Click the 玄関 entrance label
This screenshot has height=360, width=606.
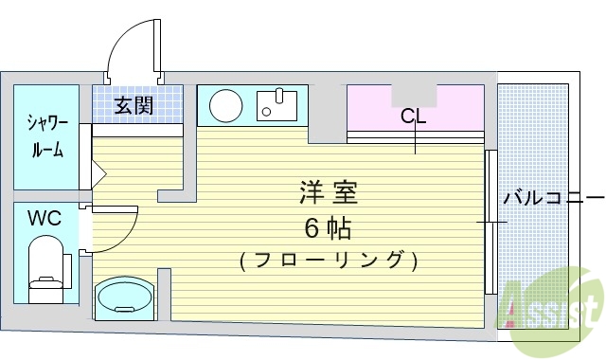tap(134, 105)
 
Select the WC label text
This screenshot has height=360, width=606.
tap(44, 219)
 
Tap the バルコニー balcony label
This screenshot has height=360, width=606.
tap(553, 198)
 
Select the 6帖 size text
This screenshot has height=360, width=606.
tap(327, 228)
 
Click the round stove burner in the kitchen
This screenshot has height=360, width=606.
tap(225, 105)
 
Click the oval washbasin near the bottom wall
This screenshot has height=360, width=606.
tap(121, 297)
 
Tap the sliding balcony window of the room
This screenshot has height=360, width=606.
tap(490, 223)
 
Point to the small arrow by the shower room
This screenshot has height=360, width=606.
tap(98, 174)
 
